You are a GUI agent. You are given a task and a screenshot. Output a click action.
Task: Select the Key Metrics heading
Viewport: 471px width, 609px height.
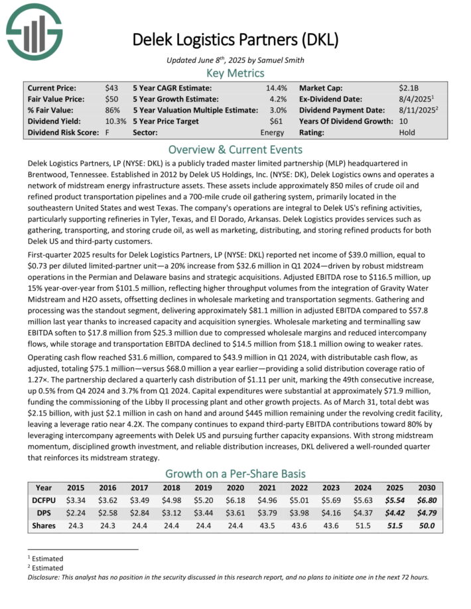tap(235, 73)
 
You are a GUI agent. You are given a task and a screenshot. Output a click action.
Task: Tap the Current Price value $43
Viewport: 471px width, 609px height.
tap(111, 88)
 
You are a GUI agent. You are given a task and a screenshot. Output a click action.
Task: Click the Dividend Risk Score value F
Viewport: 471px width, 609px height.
tap(107, 133)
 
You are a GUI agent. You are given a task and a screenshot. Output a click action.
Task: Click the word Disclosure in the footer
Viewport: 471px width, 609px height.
tap(47, 577)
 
